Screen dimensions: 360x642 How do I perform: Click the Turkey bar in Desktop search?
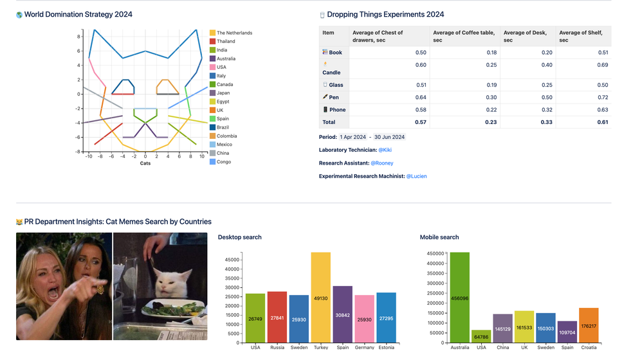pos(320,298)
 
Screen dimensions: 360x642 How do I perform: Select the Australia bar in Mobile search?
pos(459,298)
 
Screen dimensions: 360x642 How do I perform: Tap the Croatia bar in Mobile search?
pos(589,325)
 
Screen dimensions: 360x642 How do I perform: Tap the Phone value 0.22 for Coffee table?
pos(491,110)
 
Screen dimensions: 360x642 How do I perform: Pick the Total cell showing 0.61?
pos(602,122)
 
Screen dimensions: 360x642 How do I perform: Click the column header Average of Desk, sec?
pos(525,36)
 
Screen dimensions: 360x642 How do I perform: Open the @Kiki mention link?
pos(385,150)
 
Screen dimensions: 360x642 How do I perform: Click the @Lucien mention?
pos(416,176)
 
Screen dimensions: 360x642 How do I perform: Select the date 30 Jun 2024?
pos(389,137)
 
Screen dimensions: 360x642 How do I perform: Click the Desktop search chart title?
pos(239,237)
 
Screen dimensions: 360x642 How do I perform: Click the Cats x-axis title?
pos(145,163)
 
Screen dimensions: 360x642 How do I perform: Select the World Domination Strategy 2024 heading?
pos(78,14)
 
